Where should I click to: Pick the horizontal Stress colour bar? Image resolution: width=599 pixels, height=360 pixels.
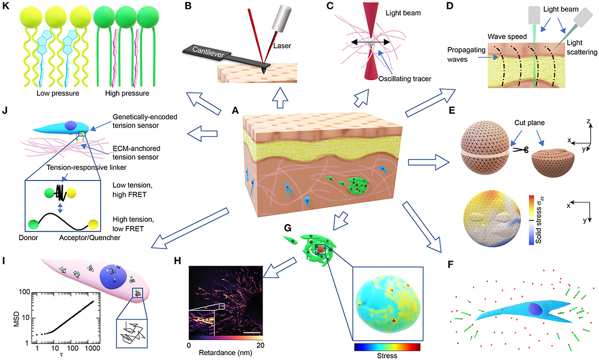coord(386,347)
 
